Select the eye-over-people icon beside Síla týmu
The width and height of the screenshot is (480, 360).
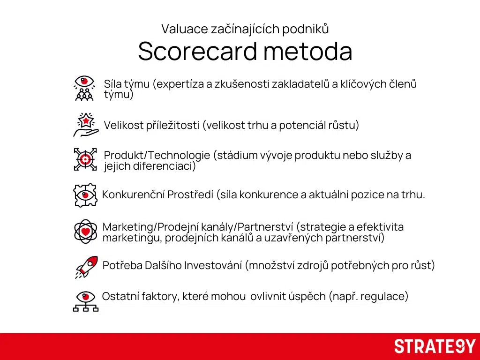click(x=84, y=88)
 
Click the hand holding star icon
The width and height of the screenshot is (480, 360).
click(x=86, y=125)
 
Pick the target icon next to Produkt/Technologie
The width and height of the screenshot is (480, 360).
click(x=85, y=159)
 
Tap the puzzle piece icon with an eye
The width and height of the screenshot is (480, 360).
click(x=85, y=195)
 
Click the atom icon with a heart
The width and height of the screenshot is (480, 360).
click(x=85, y=232)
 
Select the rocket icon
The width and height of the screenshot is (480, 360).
click(x=86, y=267)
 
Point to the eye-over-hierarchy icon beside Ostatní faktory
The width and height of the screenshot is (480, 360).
click(x=85, y=301)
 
